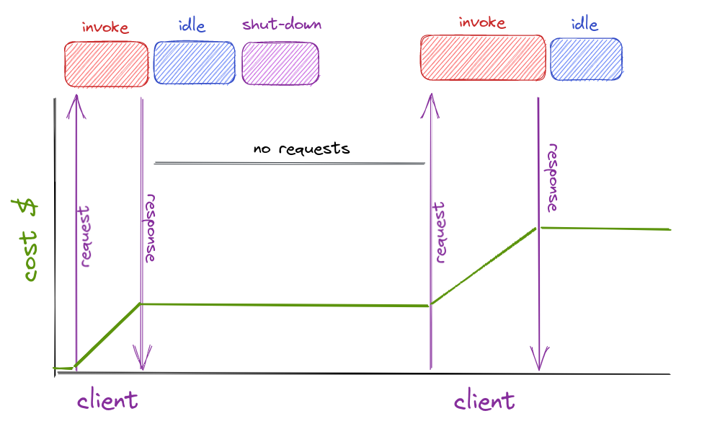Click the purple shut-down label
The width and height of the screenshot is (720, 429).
tap(281, 25)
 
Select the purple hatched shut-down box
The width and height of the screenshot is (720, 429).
tap(280, 63)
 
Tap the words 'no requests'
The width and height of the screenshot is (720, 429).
tap(301, 149)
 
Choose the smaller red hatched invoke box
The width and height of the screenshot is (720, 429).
tap(106, 63)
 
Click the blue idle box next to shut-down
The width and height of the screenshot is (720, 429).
tap(194, 63)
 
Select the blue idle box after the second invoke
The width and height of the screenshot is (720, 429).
tap(586, 59)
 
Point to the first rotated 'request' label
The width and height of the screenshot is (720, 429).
tap(85, 237)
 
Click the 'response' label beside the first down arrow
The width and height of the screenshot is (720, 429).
tap(151, 228)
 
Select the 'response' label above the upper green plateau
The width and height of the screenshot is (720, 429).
tap(552, 180)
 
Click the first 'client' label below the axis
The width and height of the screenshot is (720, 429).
tap(107, 399)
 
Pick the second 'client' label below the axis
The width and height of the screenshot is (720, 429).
tap(484, 400)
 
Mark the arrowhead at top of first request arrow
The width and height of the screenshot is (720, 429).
tap(76, 105)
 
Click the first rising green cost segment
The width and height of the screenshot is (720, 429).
tap(108, 335)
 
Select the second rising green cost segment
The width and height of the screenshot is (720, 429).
tap(483, 266)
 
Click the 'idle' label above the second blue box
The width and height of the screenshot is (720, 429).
tap(584, 25)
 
